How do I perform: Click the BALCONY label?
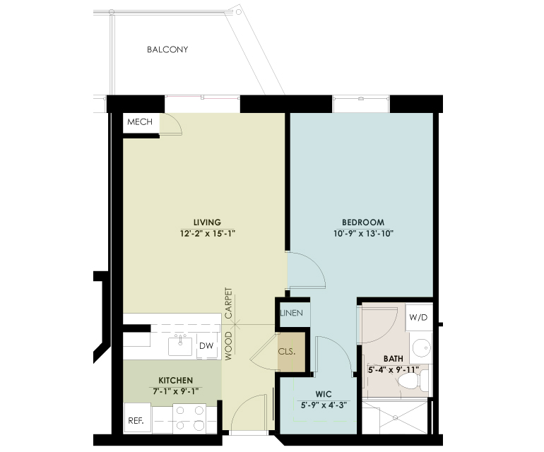pyautogui.click(x=167, y=49)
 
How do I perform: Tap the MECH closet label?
pyautogui.click(x=140, y=121)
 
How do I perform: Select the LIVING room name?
pyautogui.click(x=207, y=222)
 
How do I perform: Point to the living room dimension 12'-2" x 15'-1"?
pyautogui.click(x=208, y=234)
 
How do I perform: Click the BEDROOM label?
pyautogui.click(x=363, y=222)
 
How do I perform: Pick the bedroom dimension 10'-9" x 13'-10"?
pyautogui.click(x=363, y=234)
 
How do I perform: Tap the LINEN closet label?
pyautogui.click(x=291, y=313)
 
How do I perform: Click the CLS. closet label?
pyautogui.click(x=287, y=352)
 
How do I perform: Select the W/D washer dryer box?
pyautogui.click(x=419, y=317)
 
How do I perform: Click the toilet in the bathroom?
pyautogui.click(x=413, y=381)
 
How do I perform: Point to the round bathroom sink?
pyautogui.click(x=422, y=347)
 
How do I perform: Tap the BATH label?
pyautogui.click(x=394, y=359)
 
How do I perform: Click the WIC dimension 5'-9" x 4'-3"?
pyautogui.click(x=324, y=405)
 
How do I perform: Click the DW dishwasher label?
pyautogui.click(x=206, y=346)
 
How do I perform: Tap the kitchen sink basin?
pyautogui.click(x=180, y=346)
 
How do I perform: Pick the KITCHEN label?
pyautogui.click(x=175, y=380)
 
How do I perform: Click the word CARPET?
pyautogui.click(x=229, y=303)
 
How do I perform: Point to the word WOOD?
pyautogui.click(x=229, y=346)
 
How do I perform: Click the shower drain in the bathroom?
pyautogui.click(x=395, y=418)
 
